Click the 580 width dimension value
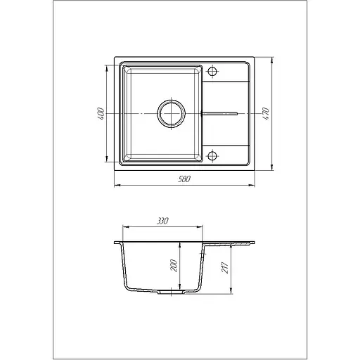point(184,179)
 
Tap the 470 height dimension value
point(266,114)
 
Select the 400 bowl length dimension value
point(101,114)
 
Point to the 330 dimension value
point(162,221)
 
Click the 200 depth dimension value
point(174,266)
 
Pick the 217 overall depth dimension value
point(225,267)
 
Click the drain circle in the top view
point(172,114)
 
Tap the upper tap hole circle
point(212,71)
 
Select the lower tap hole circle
point(212,155)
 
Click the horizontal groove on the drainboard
point(219,114)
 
